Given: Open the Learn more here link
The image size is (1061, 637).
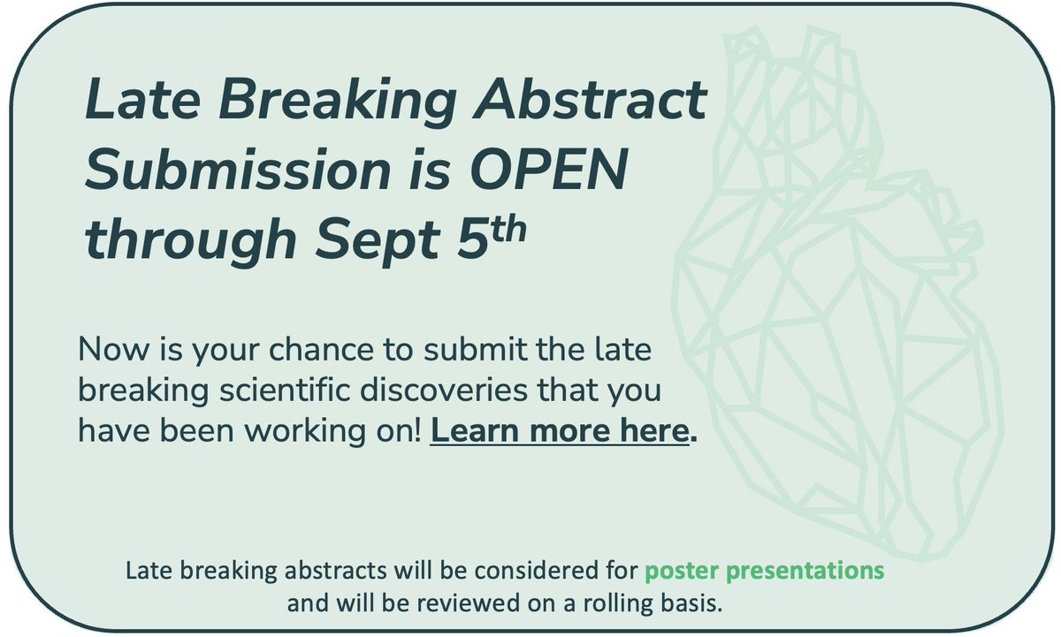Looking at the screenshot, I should coord(559,432).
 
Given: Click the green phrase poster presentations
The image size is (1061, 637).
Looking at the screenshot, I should coord(763,571).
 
